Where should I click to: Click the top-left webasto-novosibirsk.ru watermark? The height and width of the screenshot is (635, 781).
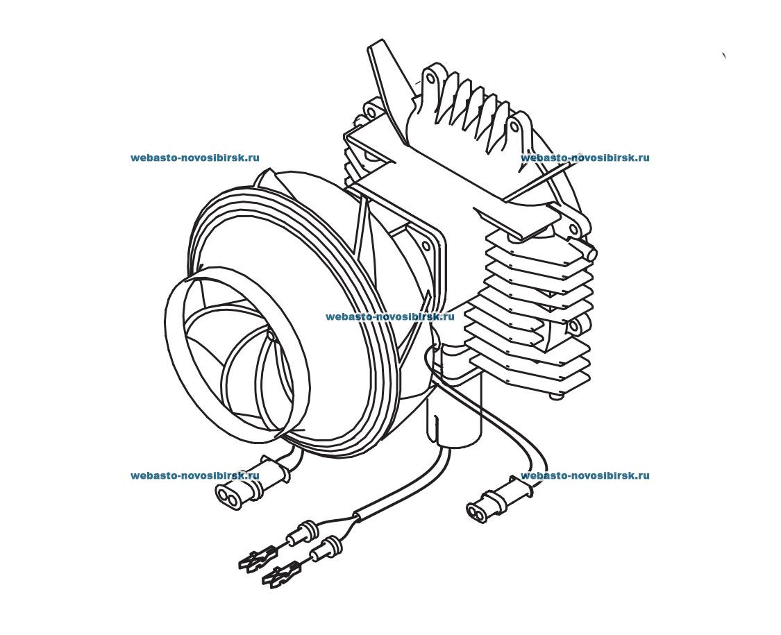(x=194, y=158)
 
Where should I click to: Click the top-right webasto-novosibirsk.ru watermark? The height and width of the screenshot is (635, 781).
(x=585, y=158)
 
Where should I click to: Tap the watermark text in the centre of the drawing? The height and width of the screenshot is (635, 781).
(x=389, y=316)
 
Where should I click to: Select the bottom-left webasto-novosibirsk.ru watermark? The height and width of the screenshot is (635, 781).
(x=194, y=475)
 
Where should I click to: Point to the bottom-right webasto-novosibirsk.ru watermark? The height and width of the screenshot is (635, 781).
(x=585, y=475)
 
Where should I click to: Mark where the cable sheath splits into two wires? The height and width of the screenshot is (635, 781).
(x=355, y=516)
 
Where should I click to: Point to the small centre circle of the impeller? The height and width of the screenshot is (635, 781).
(x=271, y=336)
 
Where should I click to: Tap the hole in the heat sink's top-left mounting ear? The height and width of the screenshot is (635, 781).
(x=430, y=78)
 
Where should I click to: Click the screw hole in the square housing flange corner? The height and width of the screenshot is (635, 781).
(x=425, y=243)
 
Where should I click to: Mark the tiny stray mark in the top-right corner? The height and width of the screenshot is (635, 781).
(x=724, y=55)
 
